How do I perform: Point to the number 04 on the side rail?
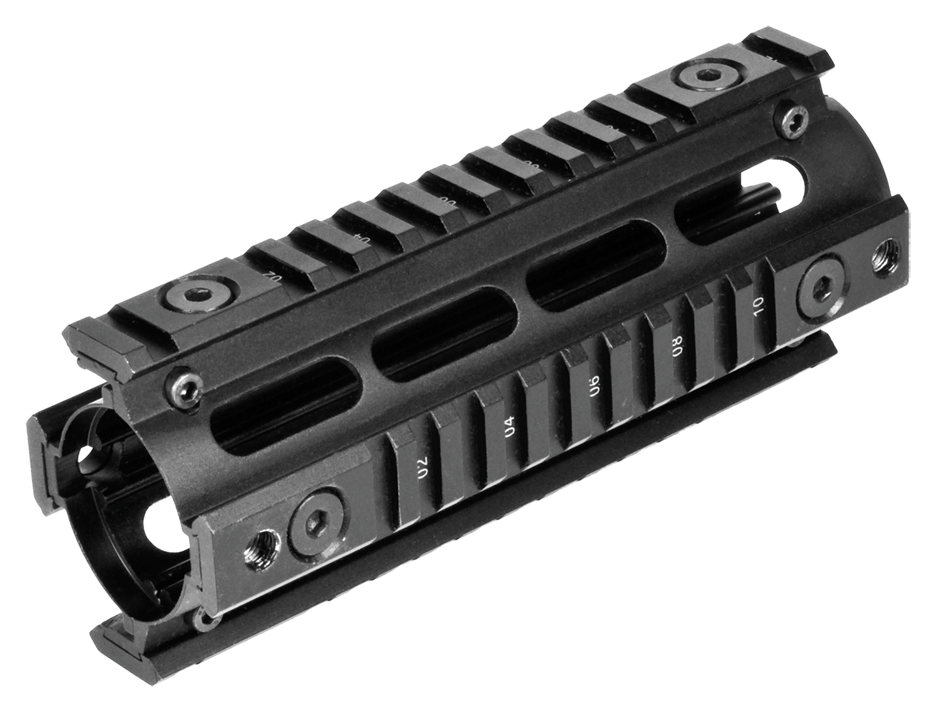pos(509,427)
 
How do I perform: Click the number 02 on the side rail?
pos(423,467)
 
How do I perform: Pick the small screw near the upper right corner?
pos(793,120)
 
